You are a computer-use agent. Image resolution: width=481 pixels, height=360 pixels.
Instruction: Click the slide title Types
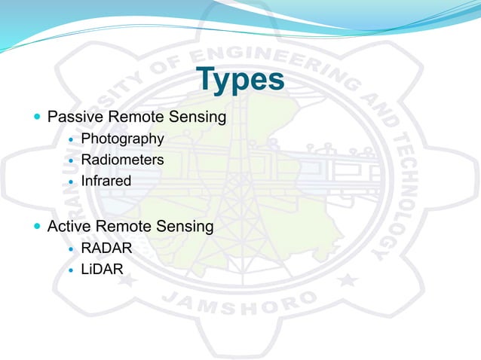(240, 81)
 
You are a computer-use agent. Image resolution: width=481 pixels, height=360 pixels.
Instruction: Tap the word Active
(69, 226)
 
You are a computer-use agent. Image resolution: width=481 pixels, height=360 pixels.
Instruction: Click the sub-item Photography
(122, 139)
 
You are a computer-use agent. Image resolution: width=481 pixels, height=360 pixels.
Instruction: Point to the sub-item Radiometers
(122, 160)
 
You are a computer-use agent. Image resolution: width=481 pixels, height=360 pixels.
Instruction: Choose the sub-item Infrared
(106, 181)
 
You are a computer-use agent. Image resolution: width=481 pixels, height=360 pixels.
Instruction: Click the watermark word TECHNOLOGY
(392, 196)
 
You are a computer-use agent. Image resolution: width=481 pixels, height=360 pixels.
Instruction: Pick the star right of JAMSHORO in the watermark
(348, 280)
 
